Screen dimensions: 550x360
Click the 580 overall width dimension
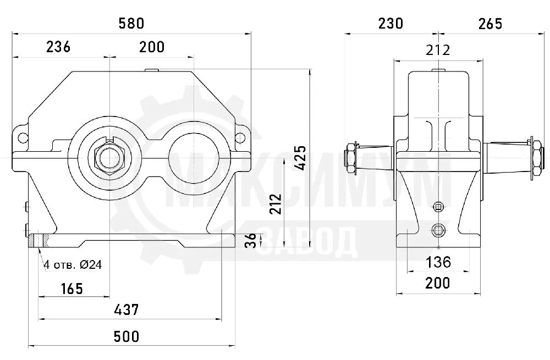[x=131, y=24]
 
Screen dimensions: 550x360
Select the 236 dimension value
[x=58, y=47]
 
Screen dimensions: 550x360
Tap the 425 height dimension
[x=300, y=158]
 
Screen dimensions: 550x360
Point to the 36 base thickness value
[x=251, y=241]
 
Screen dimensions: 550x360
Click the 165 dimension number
[x=72, y=289]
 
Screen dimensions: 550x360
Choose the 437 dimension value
[x=127, y=309]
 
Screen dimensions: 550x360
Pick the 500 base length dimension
[x=127, y=336]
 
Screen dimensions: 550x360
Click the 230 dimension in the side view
[x=391, y=24]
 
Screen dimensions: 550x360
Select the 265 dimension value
[x=490, y=24]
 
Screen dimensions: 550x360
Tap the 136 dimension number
[x=438, y=262]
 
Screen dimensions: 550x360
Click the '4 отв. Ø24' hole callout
[x=73, y=265]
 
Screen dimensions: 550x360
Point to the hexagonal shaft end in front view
[x=110, y=157]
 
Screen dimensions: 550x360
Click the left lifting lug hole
[x=23, y=137]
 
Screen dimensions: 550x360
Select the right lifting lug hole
[x=240, y=137]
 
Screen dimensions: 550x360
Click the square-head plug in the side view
[x=438, y=207]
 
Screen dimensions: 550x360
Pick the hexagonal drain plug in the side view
[x=438, y=230]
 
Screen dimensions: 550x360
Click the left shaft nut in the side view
[x=350, y=158]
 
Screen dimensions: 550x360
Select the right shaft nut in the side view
[x=537, y=158]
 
